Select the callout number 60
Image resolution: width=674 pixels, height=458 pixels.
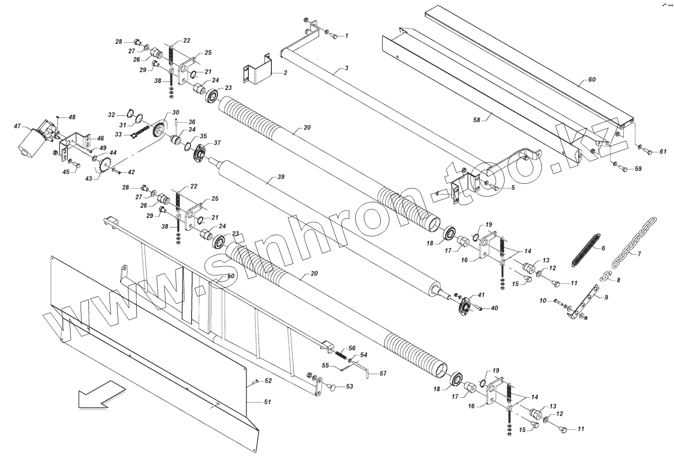[592, 80]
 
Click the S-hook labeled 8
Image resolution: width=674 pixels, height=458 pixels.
[606, 276]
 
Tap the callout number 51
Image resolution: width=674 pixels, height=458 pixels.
[267, 402]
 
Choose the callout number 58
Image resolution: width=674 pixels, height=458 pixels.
[476, 120]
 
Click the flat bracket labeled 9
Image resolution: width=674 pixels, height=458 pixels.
[585, 302]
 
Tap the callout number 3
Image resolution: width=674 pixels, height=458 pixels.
[346, 69]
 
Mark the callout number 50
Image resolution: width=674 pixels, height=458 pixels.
[231, 276]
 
